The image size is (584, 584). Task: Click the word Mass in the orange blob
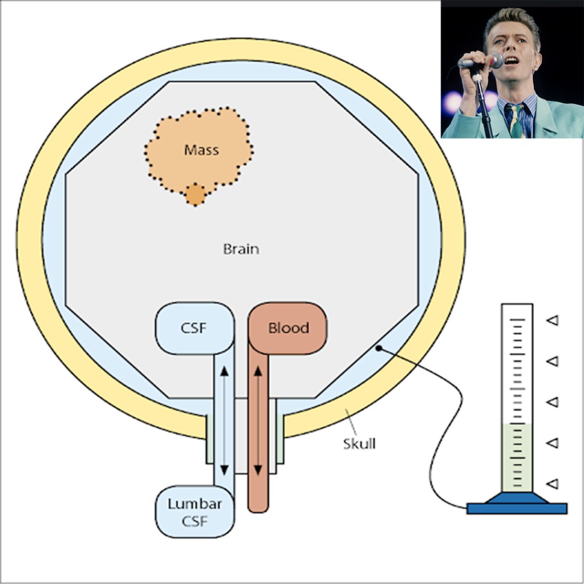201,150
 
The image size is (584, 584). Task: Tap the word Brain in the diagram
241,249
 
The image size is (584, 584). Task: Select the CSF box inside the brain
194,328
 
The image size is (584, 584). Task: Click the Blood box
288,328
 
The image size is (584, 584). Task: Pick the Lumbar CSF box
194,512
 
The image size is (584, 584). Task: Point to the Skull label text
359,444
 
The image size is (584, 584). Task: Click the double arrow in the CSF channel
224,419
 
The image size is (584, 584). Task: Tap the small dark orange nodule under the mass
195,194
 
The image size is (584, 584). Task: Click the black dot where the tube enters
378,348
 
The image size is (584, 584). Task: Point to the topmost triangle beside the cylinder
552,321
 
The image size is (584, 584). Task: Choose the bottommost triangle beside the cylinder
552,484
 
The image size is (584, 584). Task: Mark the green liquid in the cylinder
517,456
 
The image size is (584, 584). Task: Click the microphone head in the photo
494,60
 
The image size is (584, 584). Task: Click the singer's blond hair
511,19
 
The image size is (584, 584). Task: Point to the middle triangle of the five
552,402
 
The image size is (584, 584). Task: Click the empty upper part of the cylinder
517,365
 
